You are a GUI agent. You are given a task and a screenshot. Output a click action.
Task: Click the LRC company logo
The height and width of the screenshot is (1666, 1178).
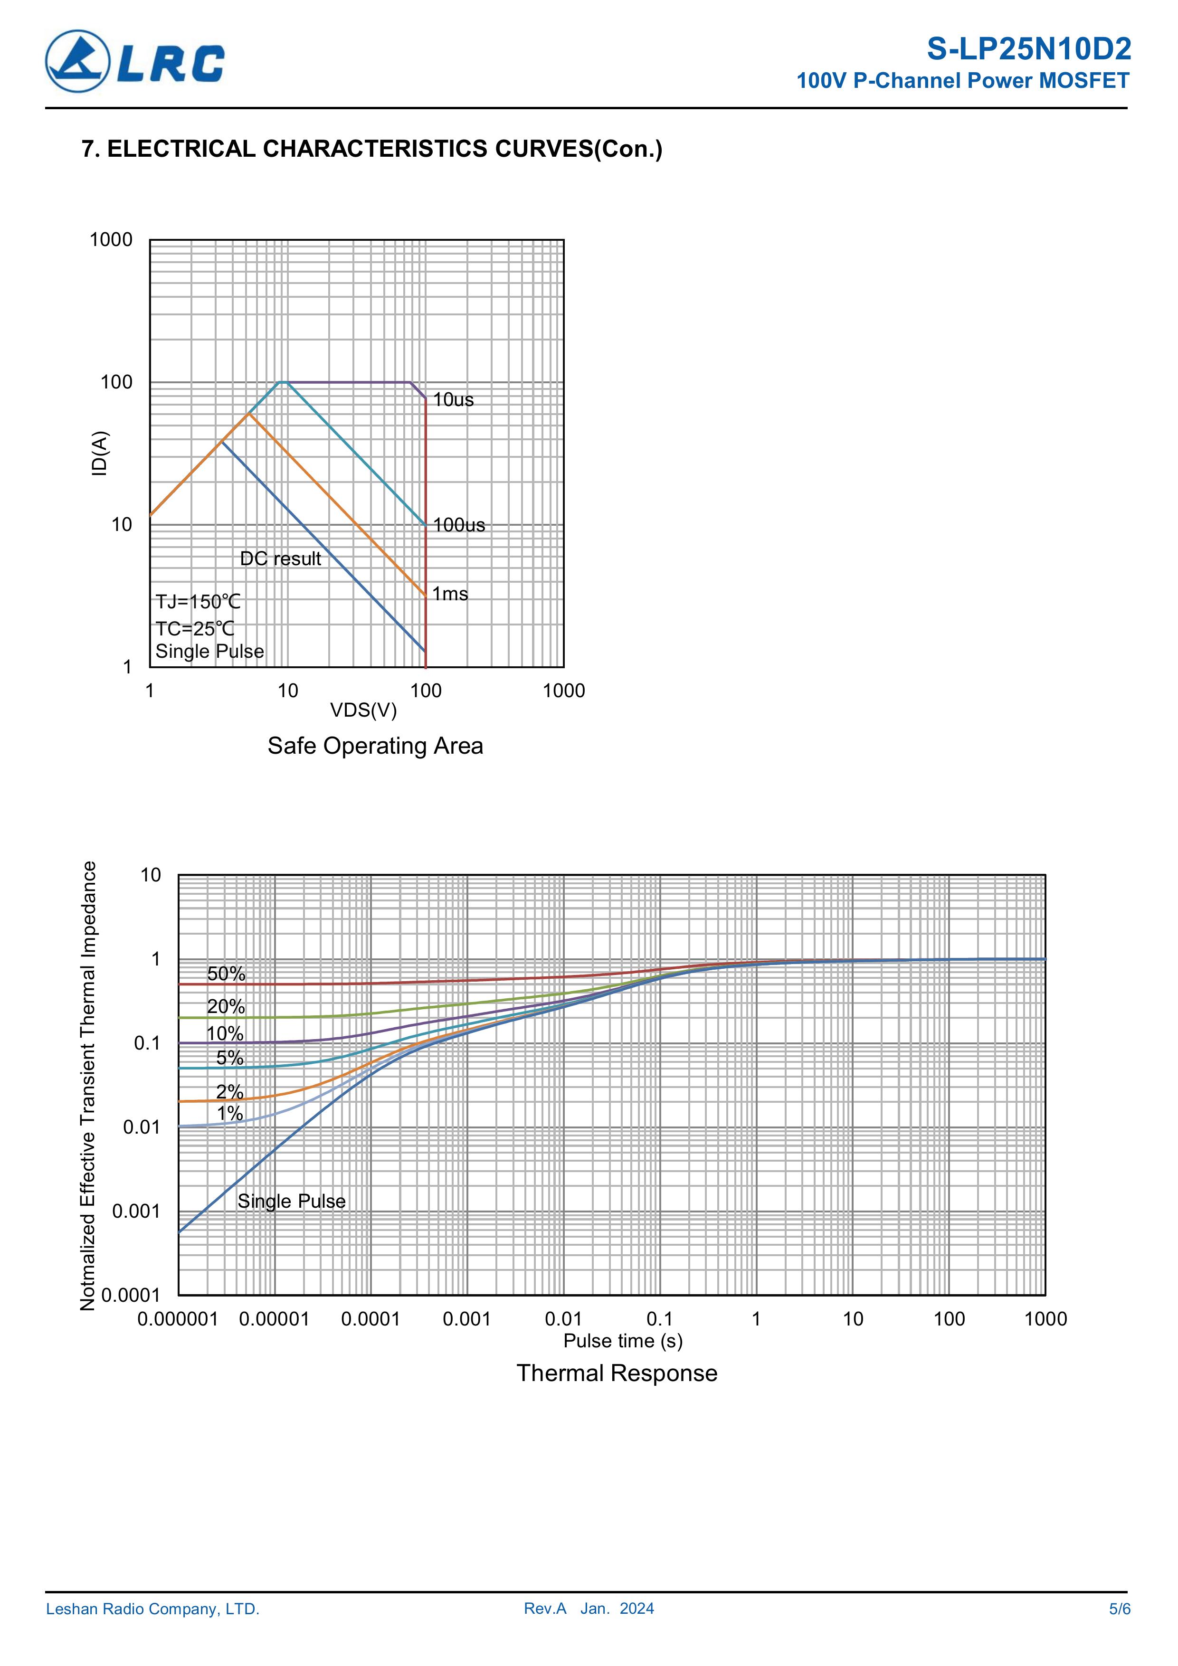pos(135,62)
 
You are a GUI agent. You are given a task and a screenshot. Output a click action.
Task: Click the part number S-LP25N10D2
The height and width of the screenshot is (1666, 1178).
pos(1028,49)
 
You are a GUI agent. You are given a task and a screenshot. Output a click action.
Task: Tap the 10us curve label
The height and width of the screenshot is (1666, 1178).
pos(453,400)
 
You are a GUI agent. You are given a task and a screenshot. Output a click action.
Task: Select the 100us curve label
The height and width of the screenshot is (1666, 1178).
pos(459,525)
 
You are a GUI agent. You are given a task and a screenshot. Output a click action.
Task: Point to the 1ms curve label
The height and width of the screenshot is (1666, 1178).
pos(450,594)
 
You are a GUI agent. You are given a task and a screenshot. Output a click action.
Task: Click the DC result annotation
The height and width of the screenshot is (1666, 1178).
pos(280,558)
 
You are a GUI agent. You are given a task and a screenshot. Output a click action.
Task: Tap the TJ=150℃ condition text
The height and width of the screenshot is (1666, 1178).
pos(198,602)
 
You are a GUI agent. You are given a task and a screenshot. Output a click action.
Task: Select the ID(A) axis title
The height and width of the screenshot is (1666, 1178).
pos(99,454)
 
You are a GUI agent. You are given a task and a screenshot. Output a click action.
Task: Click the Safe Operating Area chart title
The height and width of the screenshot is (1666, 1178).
pos(375,746)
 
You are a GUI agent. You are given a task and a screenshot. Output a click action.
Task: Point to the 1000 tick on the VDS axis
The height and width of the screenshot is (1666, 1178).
pos(563,691)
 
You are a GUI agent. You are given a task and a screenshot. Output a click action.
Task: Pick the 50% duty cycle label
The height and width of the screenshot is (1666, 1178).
pos(227,974)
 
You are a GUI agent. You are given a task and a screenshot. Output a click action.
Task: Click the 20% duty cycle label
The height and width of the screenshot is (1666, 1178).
pos(226,1006)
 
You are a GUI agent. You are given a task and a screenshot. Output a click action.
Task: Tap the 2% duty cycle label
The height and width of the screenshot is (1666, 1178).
pos(229,1091)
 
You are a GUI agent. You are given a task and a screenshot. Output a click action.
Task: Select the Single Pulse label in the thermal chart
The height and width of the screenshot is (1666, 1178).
pos(291,1201)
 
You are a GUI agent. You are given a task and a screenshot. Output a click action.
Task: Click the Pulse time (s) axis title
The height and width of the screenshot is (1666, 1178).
pos(623,1341)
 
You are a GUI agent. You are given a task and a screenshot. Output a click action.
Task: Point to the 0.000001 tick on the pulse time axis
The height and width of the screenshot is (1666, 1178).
pos(178,1319)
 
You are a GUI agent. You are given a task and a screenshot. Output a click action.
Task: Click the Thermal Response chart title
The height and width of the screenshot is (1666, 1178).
pos(617,1373)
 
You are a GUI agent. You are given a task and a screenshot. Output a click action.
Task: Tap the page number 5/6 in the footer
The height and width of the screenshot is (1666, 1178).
pos(1119,1609)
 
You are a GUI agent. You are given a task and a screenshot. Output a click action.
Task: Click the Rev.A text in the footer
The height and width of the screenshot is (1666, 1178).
pos(545,1609)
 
